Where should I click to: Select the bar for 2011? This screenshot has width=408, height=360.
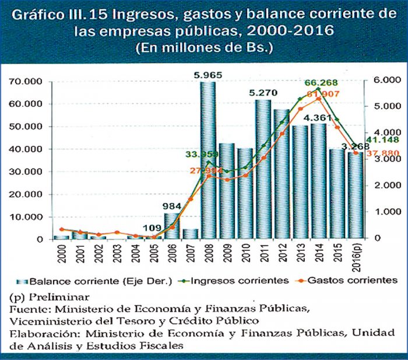(263, 169)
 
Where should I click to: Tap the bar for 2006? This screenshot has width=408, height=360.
(171, 226)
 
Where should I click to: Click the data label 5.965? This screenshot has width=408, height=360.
(208, 75)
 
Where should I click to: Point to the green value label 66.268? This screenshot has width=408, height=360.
(321, 83)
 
